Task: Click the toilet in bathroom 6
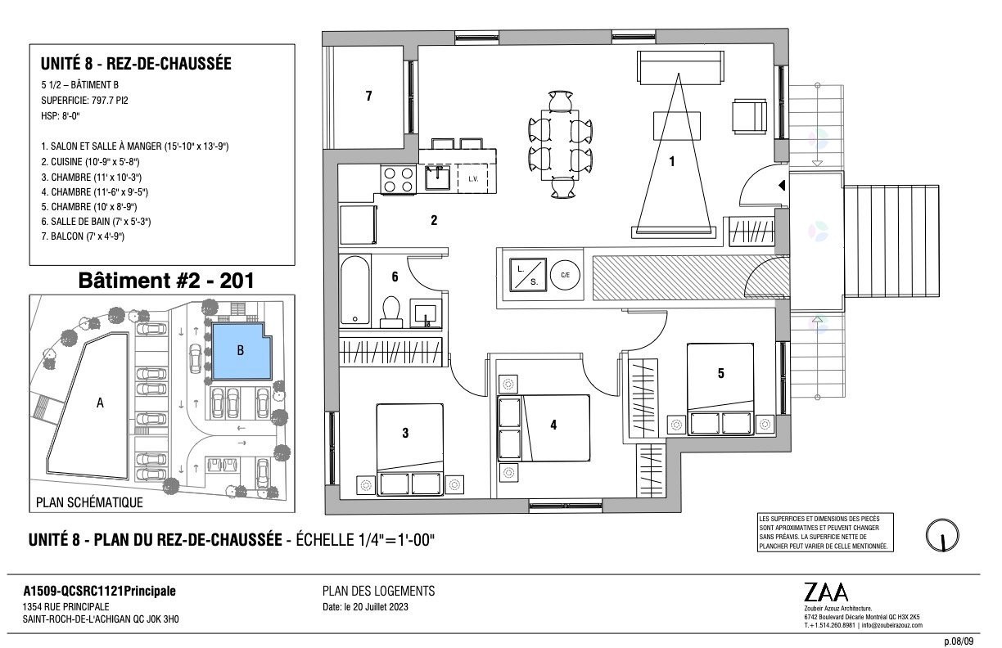391,312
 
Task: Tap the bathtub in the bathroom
355,290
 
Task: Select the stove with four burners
398,179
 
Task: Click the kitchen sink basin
437,178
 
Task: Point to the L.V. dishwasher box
473,179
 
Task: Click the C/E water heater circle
566,275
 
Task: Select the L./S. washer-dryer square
528,274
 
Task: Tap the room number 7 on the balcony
368,96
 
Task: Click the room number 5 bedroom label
720,373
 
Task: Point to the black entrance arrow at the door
782,185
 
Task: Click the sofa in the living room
680,67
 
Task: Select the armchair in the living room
749,116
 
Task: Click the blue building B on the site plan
241,352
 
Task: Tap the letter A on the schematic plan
100,403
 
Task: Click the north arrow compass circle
942,535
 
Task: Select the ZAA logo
826,592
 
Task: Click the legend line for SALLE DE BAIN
96,222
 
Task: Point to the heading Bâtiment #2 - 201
166,281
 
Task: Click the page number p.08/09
959,641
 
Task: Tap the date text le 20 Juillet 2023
376,607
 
